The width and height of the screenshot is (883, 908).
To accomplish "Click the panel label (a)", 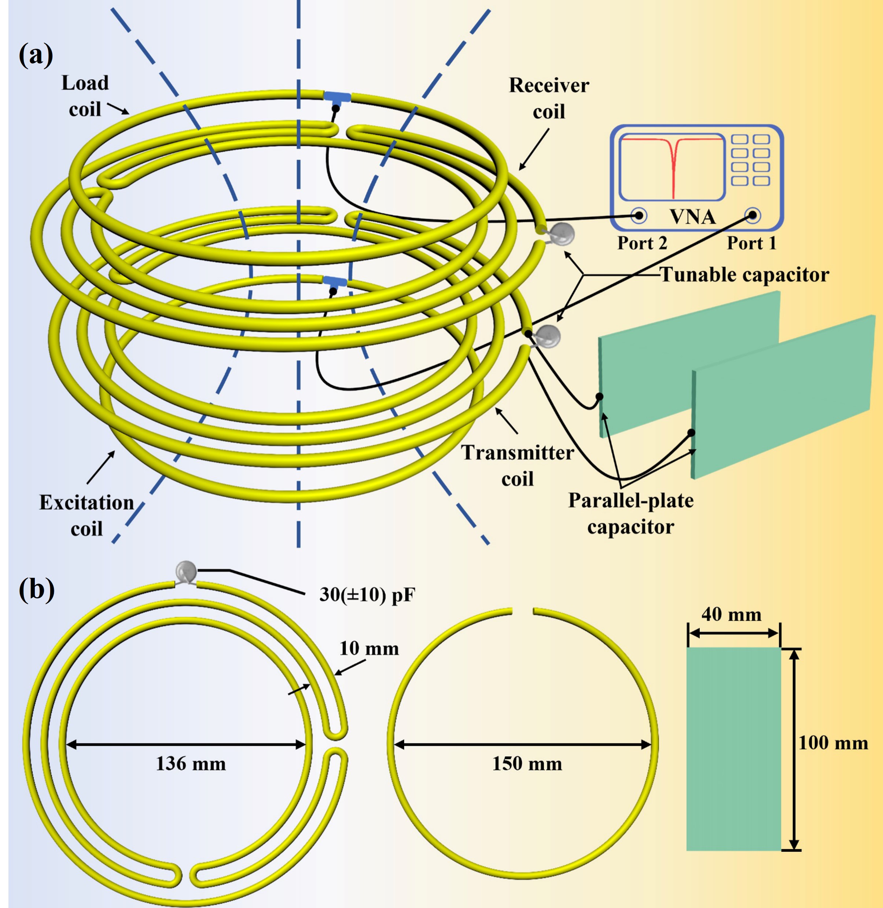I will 36,56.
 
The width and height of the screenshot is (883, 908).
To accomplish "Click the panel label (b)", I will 36,590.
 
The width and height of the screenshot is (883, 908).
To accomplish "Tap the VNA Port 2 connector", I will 639,215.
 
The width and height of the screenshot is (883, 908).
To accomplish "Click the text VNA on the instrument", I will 692,217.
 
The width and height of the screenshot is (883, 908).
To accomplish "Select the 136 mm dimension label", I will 191,763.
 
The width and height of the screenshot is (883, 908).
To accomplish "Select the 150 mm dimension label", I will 527,763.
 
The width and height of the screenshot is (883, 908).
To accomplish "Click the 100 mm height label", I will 833,743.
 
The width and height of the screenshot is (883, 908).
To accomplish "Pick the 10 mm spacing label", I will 369,649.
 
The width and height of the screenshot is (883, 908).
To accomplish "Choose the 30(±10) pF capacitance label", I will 367,595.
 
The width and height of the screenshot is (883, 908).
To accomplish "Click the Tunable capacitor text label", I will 744,274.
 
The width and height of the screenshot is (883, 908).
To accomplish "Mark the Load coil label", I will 85,96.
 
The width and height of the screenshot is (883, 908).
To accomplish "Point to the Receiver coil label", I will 549,98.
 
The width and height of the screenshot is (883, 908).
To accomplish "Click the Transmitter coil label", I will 517,466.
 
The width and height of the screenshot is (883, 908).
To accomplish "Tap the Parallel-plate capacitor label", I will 631,513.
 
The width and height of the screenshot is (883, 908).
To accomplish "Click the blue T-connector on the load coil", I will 337,97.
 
